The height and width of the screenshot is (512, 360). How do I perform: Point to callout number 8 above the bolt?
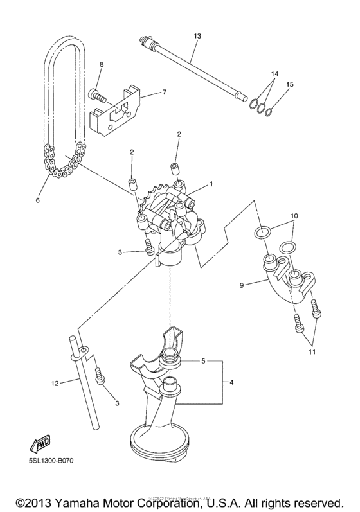(101, 64)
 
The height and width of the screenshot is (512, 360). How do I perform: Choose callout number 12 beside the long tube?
(55, 384)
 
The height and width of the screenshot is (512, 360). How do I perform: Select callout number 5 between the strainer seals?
(203, 361)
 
